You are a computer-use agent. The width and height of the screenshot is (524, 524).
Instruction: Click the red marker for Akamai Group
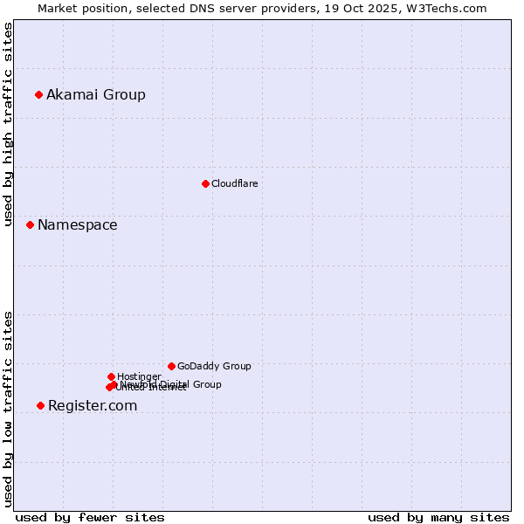[x=38, y=94]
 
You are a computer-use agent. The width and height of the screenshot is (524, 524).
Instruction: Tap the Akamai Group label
[x=96, y=94]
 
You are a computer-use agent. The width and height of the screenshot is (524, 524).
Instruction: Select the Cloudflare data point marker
[x=205, y=183]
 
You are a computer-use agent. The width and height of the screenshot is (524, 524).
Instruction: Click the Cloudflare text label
[x=235, y=183]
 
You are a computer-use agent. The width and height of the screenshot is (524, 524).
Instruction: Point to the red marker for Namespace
[x=30, y=224]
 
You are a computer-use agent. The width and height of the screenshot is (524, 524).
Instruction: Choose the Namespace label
[x=77, y=224]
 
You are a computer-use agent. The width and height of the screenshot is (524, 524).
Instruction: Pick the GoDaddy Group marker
[x=171, y=366]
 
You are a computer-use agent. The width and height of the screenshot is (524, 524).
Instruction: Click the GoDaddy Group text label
[x=214, y=366]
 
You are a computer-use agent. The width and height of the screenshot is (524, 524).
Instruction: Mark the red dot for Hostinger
[x=111, y=376]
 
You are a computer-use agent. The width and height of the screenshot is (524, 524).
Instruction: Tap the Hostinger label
[x=139, y=376]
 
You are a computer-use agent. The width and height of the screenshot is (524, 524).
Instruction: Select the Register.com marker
[x=40, y=405]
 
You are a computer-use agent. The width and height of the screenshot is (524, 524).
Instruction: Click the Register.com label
[x=93, y=405]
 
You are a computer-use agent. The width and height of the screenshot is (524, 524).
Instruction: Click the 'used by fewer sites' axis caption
[x=90, y=517]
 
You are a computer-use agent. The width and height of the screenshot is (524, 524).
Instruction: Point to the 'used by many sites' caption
[x=438, y=517]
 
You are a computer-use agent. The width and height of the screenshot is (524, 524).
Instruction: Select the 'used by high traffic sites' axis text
[x=9, y=125]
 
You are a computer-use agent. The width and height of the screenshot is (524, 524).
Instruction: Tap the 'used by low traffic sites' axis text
[x=9, y=408]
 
